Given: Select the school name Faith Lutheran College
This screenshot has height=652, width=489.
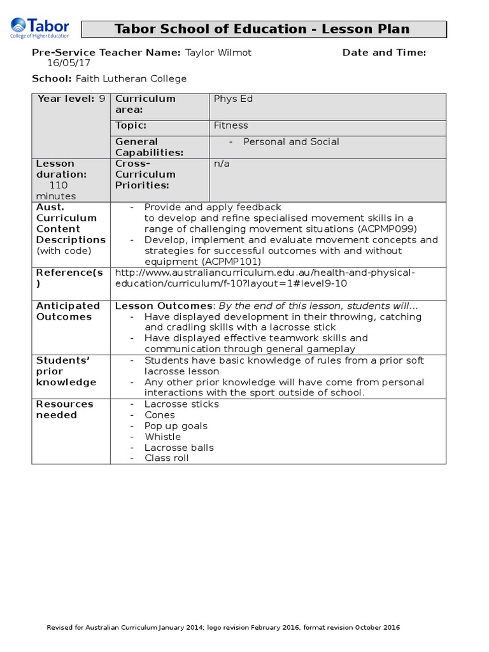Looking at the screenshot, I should pos(131,78).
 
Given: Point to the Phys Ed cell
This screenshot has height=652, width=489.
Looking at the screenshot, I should pos(233,99).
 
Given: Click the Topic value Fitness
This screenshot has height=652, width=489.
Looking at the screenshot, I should pos(230,125).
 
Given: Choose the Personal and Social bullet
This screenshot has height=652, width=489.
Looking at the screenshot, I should pos(291,141).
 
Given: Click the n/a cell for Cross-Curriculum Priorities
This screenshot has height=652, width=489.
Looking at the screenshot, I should pos(221,164).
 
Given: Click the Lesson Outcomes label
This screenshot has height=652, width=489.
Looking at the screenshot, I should pos(163,306).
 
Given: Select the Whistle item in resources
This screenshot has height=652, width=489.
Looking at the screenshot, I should pos(162,437).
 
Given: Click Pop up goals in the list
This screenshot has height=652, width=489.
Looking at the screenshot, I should pos(176,426).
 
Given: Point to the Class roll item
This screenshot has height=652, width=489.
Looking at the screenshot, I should pos(166,458).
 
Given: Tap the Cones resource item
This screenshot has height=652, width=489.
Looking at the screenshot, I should pos(159,415).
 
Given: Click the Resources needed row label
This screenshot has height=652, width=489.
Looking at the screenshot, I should pos(64,409).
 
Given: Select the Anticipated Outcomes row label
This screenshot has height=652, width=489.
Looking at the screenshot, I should pos(68,311).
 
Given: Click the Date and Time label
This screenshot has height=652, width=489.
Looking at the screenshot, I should pos(384,52).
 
